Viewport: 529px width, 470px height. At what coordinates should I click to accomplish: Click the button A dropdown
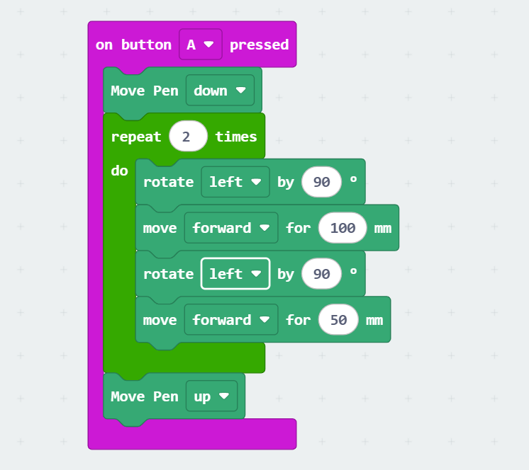point(201,45)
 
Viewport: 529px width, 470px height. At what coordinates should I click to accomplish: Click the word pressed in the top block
point(259,45)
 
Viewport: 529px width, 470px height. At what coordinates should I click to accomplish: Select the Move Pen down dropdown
point(220,91)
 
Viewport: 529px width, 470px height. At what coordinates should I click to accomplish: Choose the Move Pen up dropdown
point(211,396)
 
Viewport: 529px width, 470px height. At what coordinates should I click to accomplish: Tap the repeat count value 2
point(188,137)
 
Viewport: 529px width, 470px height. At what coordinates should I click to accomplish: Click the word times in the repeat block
point(236,137)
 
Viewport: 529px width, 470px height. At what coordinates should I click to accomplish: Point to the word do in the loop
point(119,171)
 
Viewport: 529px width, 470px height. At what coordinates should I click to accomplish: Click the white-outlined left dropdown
point(235,274)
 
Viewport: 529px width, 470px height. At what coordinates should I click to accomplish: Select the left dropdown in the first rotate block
point(235,182)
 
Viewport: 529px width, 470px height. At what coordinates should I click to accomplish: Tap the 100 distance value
point(343,228)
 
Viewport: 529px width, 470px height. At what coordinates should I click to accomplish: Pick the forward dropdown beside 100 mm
point(230,228)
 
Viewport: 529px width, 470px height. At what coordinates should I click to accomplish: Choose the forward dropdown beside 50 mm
point(230,320)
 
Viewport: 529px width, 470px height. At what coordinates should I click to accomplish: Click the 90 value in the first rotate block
point(321,182)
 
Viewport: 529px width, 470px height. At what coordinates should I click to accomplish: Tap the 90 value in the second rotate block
point(321,274)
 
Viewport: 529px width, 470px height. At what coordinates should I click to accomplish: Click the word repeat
point(136,137)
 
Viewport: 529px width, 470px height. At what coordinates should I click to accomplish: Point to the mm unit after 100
point(383,228)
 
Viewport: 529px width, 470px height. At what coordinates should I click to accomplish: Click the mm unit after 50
point(374,320)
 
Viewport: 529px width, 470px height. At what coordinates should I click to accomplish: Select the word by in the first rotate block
point(285,182)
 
